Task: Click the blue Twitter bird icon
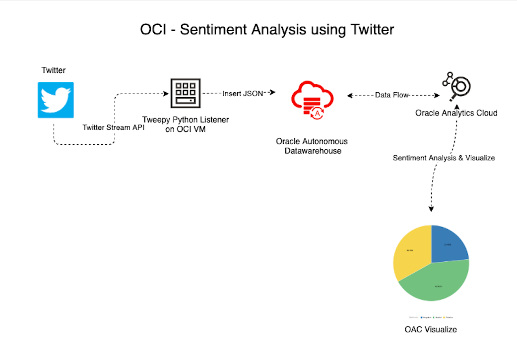(56, 100)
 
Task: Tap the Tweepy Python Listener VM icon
(186, 93)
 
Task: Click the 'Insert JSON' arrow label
(243, 93)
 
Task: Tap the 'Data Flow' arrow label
(391, 95)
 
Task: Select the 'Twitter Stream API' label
(114, 127)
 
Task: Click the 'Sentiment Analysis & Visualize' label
(444, 158)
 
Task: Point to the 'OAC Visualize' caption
(431, 329)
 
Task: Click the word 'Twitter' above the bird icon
(54, 70)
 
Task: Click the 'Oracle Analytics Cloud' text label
(456, 113)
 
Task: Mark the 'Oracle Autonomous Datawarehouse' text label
(312, 146)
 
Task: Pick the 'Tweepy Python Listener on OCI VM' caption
(186, 125)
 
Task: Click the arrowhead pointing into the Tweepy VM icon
(167, 93)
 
